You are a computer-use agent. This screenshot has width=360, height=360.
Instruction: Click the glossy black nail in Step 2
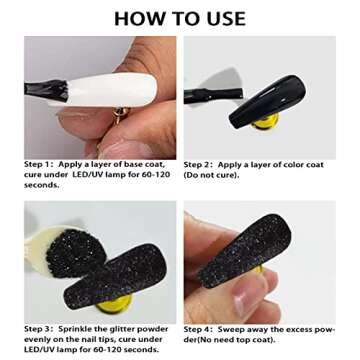(x=267, y=101)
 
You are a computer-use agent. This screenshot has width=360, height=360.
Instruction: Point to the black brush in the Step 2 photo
(x=214, y=95)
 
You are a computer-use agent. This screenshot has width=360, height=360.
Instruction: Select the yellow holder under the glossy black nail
(x=266, y=122)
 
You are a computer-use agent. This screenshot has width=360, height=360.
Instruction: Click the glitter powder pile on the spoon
(x=76, y=253)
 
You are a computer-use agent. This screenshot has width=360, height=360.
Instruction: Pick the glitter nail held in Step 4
(x=244, y=251)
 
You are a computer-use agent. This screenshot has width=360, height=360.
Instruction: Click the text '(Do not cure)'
(x=212, y=175)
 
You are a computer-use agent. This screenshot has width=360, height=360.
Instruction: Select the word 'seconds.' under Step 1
(x=42, y=185)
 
